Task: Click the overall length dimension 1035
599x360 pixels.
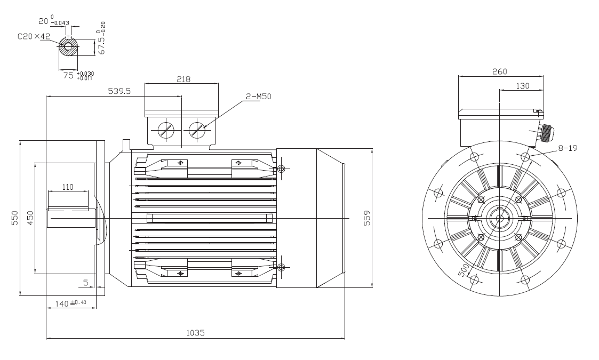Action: tap(195, 333)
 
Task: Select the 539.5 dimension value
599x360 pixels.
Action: tap(119, 91)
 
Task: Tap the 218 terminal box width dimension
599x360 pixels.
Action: tap(183, 79)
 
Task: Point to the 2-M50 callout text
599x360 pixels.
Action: tap(258, 97)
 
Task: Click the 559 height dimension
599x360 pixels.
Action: tap(367, 218)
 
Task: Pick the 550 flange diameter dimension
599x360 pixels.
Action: tap(14, 218)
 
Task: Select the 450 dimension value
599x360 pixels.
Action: tap(30, 218)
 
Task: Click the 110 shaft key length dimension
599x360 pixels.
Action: tap(68, 187)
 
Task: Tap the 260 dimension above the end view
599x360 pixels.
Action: tap(500, 71)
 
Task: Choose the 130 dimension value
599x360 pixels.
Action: tap(523, 86)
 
